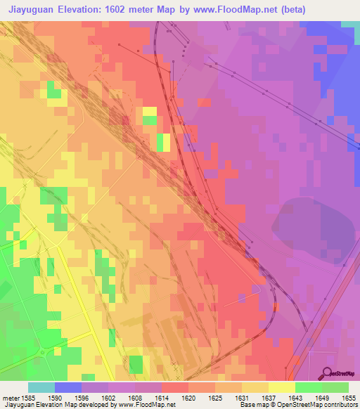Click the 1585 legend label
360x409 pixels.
(x=27, y=397)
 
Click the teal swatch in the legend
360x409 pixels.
(x=41, y=387)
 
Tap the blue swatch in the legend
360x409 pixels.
(x=67, y=387)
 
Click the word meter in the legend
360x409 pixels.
(x=9, y=397)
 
